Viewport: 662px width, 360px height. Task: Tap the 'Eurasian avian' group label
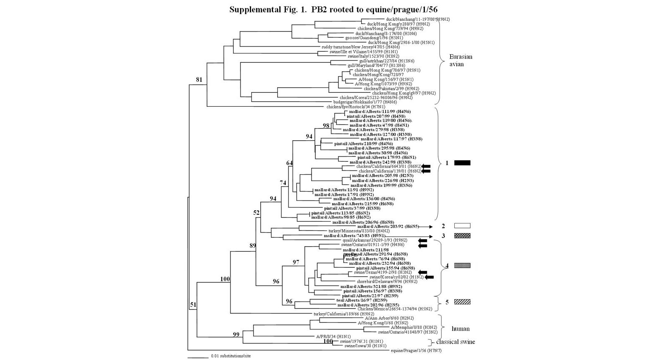pos(461,60)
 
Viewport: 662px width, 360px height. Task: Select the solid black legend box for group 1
pos(462,163)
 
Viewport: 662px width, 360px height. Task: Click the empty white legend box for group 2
pos(462,226)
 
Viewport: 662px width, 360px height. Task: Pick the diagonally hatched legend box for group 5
pos(462,302)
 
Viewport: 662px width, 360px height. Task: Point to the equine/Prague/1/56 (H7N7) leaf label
pos(416,351)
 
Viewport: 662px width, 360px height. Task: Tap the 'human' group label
pos(461,329)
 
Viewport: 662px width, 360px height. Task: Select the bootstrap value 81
pos(199,79)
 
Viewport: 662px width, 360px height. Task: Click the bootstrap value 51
pos(193,305)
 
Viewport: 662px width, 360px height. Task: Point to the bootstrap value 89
pos(252,246)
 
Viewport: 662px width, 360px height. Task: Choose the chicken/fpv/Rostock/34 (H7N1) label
pos(355,107)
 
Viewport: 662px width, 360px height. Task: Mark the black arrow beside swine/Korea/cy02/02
pos(429,277)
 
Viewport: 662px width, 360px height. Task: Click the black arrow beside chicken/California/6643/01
pos(426,166)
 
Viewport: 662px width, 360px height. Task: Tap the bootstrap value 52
pos(257,213)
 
